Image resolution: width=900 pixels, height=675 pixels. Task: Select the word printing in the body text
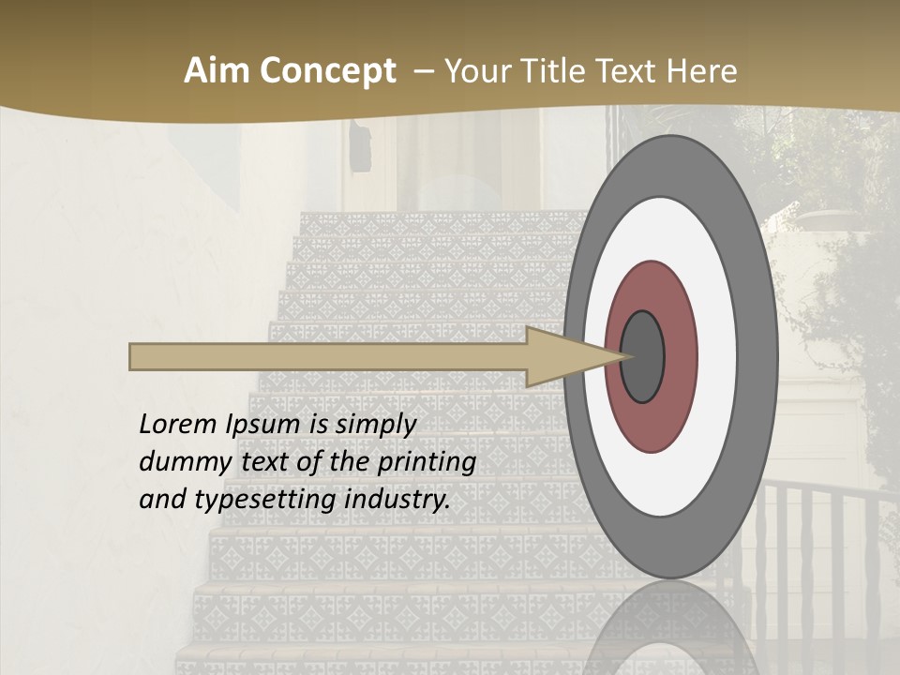tap(426, 462)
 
